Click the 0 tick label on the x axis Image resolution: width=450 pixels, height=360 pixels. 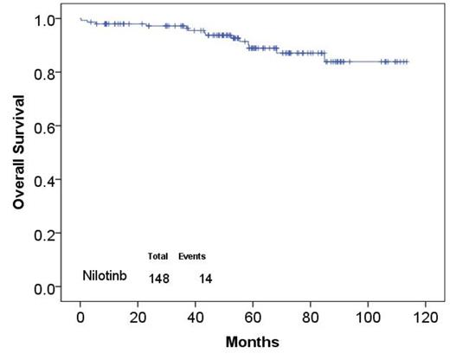[x=80, y=317]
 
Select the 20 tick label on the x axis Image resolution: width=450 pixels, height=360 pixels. [x=138, y=317]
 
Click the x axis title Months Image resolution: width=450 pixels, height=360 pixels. [x=253, y=343]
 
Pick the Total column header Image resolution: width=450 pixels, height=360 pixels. [x=157, y=257]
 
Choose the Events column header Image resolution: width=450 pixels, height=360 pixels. [x=192, y=257]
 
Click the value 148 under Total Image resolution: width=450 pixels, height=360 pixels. [x=158, y=278]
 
